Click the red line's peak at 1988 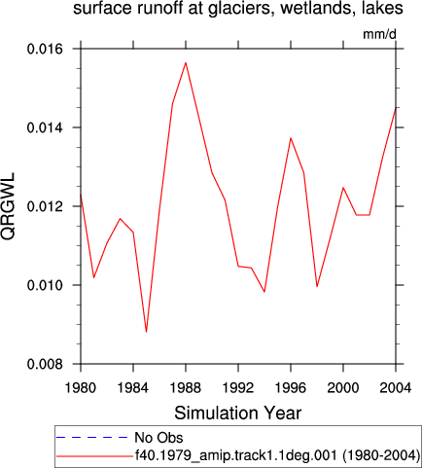click(x=186, y=62)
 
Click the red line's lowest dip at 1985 click(x=146, y=332)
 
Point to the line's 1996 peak click(x=291, y=138)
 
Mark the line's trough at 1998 click(x=317, y=286)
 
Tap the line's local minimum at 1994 click(x=264, y=292)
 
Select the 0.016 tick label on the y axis click(x=45, y=49)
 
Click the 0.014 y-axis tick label click(x=45, y=127)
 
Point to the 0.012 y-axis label click(x=45, y=206)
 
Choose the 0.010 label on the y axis click(x=45, y=285)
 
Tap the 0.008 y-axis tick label click(x=45, y=364)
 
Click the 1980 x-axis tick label click(x=81, y=387)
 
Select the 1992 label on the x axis click(x=238, y=387)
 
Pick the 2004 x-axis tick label click(x=396, y=387)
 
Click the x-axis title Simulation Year click(x=238, y=413)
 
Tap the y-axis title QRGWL click(x=8, y=206)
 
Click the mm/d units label click(x=379, y=34)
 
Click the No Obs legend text click(x=158, y=438)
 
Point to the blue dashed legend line click(x=92, y=438)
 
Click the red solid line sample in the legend click(x=94, y=456)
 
